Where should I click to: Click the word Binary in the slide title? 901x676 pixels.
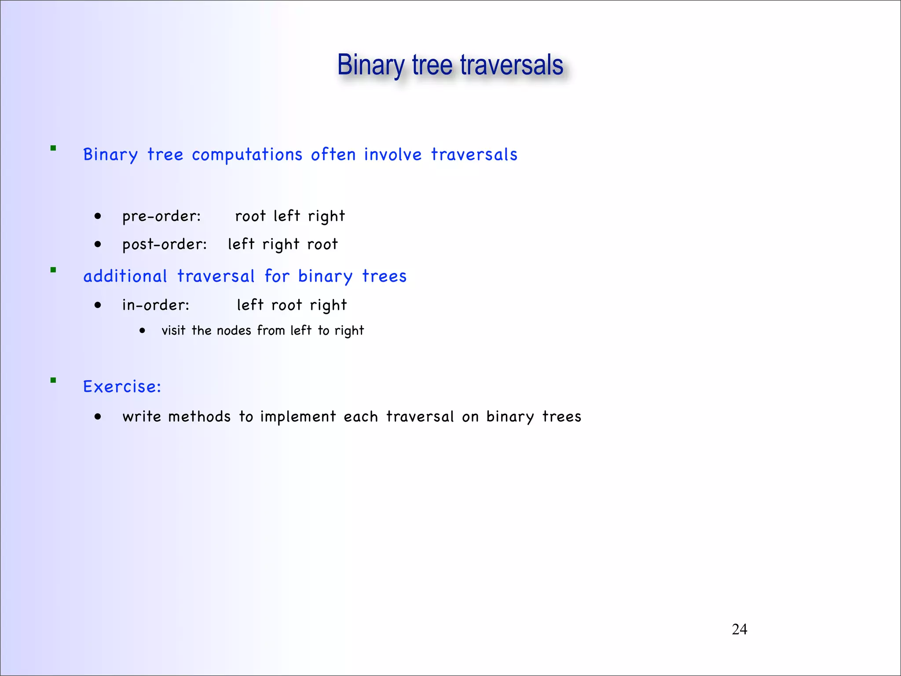370,65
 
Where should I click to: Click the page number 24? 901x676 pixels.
739,629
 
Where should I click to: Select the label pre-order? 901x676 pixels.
161,217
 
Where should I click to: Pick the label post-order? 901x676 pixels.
165,245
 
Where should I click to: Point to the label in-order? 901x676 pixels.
156,305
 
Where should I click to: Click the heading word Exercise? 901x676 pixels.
122,387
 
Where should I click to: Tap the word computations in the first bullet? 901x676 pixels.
247,155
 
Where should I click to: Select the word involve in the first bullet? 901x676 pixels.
393,155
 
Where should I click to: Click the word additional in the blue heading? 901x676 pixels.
125,276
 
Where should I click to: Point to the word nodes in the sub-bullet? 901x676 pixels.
234,331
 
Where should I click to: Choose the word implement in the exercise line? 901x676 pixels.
298,417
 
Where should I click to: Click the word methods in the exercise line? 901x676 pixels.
199,417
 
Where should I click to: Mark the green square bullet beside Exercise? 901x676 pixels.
53,380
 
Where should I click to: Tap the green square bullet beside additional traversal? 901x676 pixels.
53,270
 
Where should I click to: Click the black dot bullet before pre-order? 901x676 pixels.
98,216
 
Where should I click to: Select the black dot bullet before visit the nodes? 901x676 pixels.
142,330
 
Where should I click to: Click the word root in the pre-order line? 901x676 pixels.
250,217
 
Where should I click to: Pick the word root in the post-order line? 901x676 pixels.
322,245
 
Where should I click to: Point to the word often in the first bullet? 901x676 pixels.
333,155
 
